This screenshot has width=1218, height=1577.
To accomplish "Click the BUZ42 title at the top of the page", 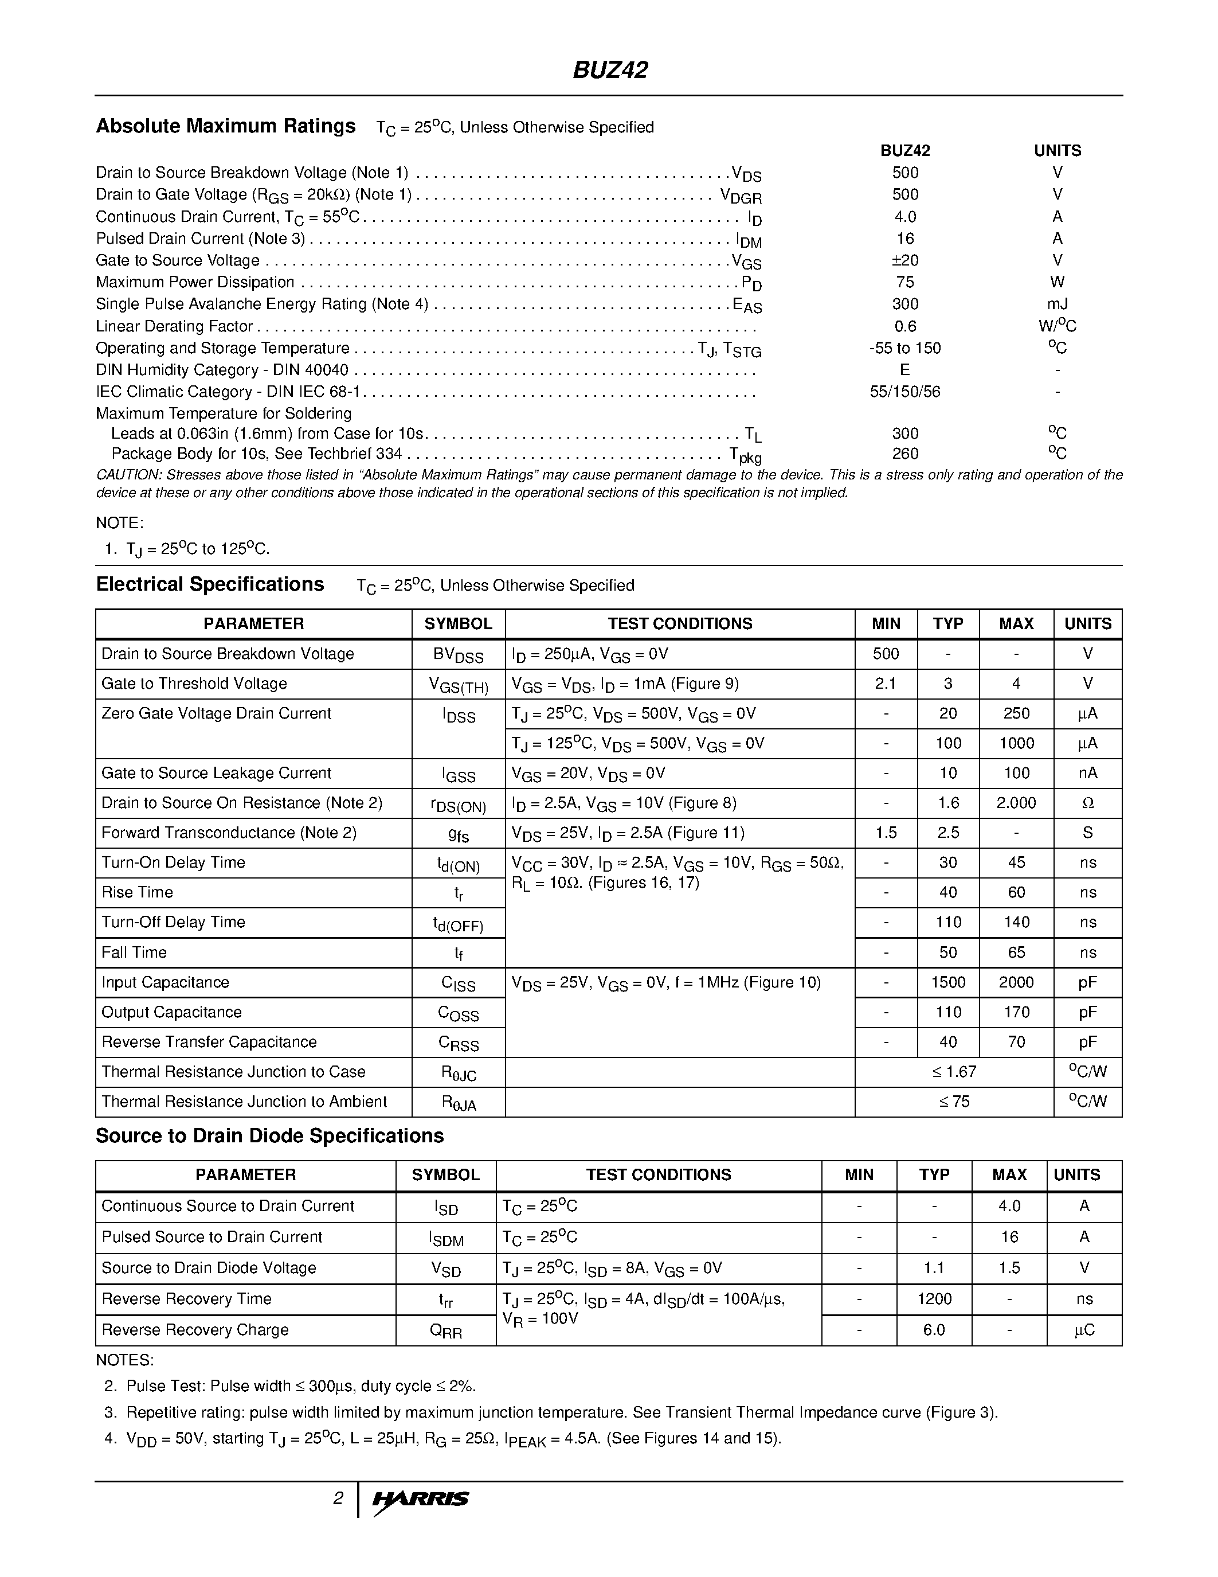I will [610, 70].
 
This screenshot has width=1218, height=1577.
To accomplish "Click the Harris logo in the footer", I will [421, 1499].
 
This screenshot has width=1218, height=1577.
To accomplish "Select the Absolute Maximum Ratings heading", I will [226, 126].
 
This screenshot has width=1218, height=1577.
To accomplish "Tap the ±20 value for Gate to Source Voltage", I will [905, 260].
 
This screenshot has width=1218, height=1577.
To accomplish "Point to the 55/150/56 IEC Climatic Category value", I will [905, 391].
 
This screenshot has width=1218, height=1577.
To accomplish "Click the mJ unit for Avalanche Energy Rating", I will [1057, 304].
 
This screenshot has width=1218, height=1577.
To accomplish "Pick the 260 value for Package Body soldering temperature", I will [905, 454].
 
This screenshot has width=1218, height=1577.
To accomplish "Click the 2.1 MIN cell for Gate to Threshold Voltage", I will [886, 683].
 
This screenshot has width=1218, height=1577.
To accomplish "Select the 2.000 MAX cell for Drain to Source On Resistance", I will [1016, 803].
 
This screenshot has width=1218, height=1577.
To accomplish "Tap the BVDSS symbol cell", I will [458, 655].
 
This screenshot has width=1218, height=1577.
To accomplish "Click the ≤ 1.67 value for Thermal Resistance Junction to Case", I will [954, 1072].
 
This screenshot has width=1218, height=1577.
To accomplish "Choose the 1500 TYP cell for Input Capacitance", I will [947, 982].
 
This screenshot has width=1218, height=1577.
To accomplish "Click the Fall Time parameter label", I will [134, 953].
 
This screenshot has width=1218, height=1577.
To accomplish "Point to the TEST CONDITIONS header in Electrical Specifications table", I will [680, 623].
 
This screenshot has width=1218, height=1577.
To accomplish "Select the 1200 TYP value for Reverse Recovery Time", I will [934, 1299].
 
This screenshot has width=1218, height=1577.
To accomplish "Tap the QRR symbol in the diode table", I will [445, 1331].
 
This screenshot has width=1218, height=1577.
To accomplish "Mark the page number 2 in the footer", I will [338, 1499].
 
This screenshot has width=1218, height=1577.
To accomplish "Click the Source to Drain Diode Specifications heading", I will [269, 1136].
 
